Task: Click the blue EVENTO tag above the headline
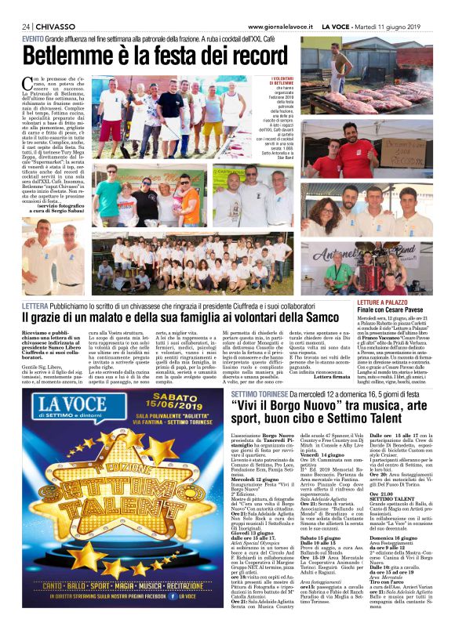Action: tap(33, 38)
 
